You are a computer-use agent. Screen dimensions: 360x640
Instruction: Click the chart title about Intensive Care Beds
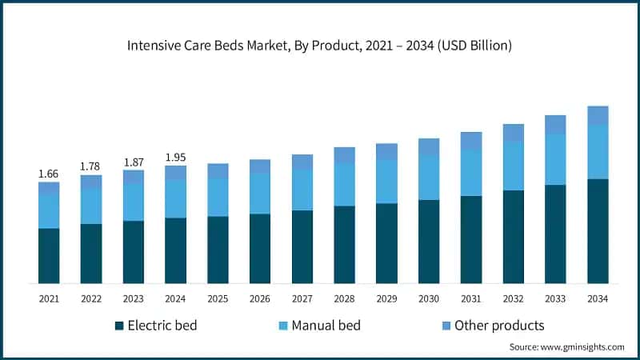click(x=320, y=46)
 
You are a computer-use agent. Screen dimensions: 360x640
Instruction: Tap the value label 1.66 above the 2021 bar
click(x=49, y=174)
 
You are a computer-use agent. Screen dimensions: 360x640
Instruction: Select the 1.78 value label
click(x=91, y=166)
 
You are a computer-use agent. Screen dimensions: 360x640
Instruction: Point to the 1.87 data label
click(x=134, y=162)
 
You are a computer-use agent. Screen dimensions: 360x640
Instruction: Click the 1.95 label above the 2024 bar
click(x=175, y=157)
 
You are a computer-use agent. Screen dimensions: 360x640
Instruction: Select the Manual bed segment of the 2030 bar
click(x=429, y=177)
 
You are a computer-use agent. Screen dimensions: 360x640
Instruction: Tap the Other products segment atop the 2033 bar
click(x=555, y=124)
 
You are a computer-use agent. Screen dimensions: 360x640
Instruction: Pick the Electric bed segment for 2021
click(x=49, y=255)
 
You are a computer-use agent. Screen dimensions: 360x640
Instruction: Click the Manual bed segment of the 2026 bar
click(x=260, y=193)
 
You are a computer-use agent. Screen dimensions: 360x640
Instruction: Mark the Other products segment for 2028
click(x=344, y=155)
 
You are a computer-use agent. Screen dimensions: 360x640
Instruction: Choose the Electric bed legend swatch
click(x=120, y=326)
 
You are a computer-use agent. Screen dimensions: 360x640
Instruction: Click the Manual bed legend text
click(x=326, y=326)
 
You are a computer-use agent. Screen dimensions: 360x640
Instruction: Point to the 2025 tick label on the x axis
click(x=218, y=298)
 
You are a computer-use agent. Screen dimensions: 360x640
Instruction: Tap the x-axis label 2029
click(x=386, y=298)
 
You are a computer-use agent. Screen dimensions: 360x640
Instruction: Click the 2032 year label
click(x=513, y=298)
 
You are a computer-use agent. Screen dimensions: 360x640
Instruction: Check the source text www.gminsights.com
click(x=566, y=347)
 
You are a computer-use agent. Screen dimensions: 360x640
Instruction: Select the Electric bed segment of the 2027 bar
click(x=302, y=246)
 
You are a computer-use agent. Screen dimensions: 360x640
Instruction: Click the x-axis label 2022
click(x=91, y=298)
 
